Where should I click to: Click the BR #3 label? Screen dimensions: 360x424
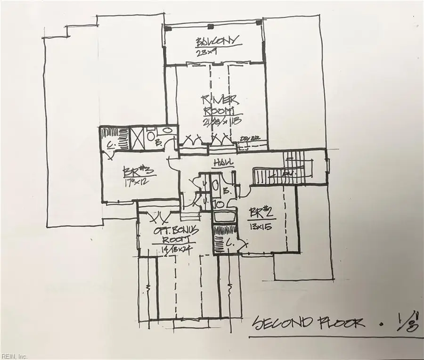point(134,171)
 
